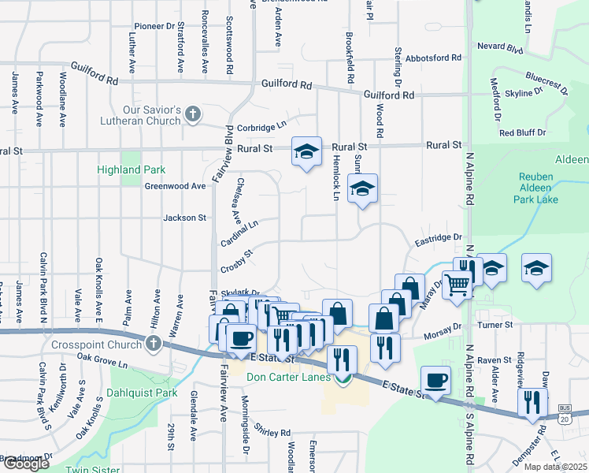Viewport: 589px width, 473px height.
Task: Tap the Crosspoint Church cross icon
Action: tap(153, 343)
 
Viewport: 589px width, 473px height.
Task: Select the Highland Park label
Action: tap(131, 169)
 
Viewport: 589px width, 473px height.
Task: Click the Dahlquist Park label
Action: tap(144, 393)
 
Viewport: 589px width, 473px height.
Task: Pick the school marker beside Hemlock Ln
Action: tap(362, 188)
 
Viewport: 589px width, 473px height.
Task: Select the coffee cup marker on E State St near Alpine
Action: tap(435, 380)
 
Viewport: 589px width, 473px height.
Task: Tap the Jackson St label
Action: tap(184, 218)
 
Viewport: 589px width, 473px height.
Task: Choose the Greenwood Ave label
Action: tap(175, 186)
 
